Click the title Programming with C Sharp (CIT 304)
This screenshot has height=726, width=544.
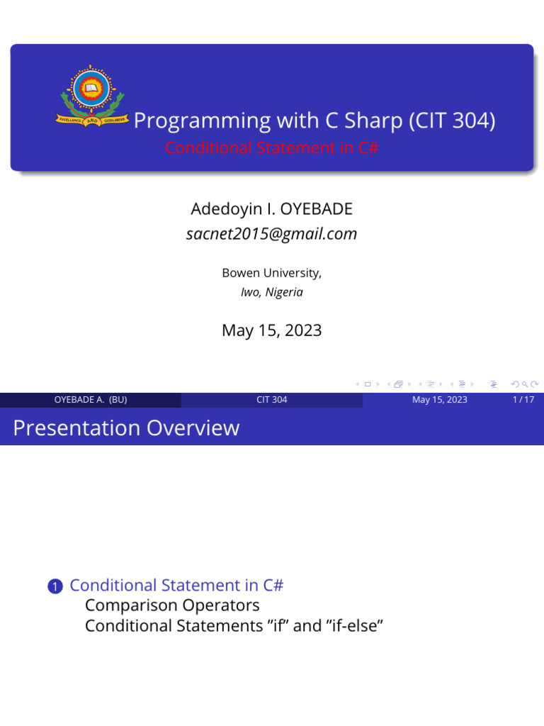[x=314, y=121]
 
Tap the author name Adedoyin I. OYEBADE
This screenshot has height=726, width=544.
[x=271, y=210]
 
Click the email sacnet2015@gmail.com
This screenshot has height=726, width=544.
[x=271, y=233]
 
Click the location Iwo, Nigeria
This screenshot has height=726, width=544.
[x=271, y=292]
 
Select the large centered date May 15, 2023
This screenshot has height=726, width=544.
[x=271, y=330]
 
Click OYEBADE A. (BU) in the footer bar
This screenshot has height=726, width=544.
[x=91, y=400]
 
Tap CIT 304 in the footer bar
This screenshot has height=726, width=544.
[x=271, y=400]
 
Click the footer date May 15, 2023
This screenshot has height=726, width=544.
[x=439, y=400]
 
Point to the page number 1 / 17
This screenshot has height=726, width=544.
[x=523, y=400]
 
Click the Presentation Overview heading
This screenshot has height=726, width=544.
[x=126, y=428]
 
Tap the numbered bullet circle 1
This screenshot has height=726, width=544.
[x=55, y=586]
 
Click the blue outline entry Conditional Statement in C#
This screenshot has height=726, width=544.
[x=176, y=585]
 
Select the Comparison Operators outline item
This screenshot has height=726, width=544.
[x=172, y=605]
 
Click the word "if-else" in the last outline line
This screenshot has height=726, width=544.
[x=348, y=626]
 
